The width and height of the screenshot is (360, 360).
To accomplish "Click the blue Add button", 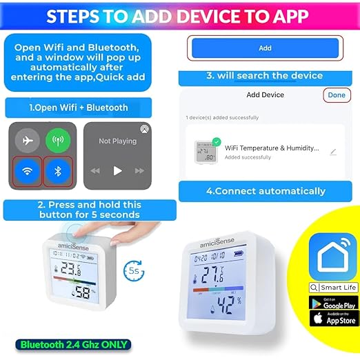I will pyautogui.click(x=265, y=48).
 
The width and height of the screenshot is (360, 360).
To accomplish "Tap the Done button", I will pyautogui.click(x=337, y=94).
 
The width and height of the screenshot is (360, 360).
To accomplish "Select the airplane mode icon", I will pyautogui.click(x=28, y=140).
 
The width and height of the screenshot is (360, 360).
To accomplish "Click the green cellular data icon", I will pyautogui.click(x=58, y=140).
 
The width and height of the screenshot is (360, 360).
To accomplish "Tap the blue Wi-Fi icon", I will pyautogui.click(x=28, y=171).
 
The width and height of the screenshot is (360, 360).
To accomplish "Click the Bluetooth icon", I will pyautogui.click(x=58, y=171).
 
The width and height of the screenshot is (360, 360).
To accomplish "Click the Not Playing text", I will pyautogui.click(x=117, y=141).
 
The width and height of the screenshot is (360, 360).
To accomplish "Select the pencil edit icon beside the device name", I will pyautogui.click(x=333, y=152).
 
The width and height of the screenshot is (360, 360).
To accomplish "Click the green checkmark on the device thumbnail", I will pyautogui.click(x=217, y=142).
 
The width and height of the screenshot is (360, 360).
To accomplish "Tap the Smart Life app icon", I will pyautogui.click(x=332, y=257).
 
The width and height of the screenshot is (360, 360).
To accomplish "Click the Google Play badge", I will pyautogui.click(x=332, y=303).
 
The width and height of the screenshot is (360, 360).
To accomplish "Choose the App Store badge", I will pyautogui.click(x=332, y=319).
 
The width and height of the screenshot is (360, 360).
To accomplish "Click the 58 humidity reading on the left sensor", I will pyautogui.click(x=85, y=293).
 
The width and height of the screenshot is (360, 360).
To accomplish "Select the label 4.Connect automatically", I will pyautogui.click(x=265, y=191).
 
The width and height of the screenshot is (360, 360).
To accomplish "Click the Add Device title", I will pyautogui.click(x=265, y=94).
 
